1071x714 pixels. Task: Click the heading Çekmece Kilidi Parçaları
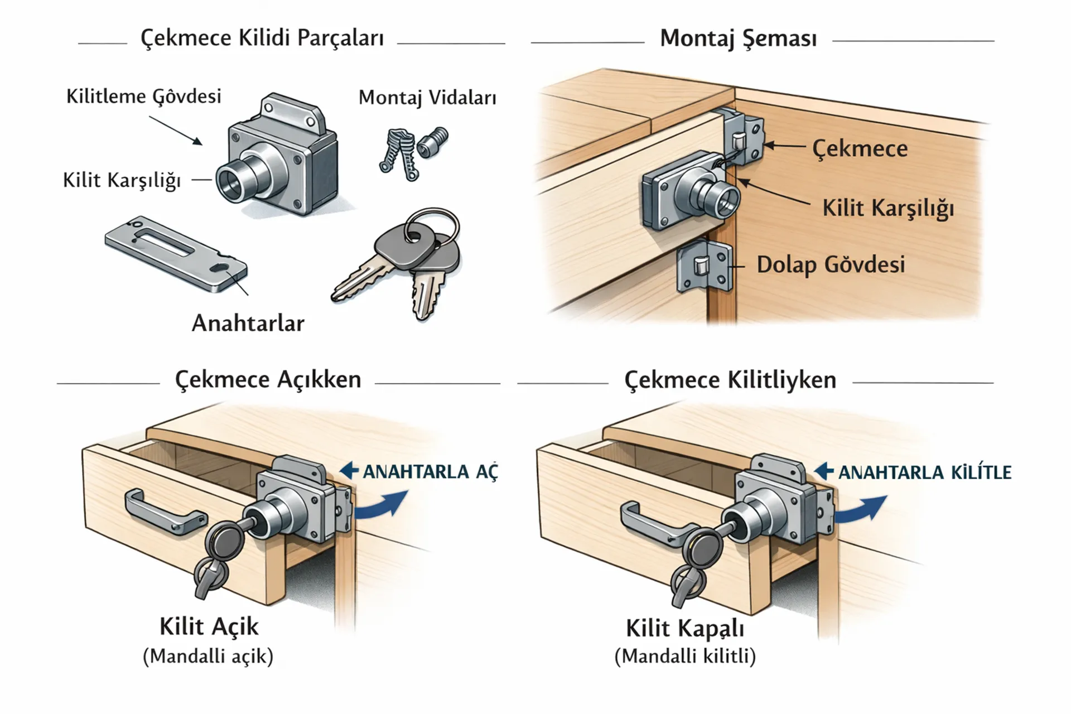click(262, 38)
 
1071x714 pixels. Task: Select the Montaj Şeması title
click(738, 38)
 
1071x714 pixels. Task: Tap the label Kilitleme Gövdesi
click(144, 97)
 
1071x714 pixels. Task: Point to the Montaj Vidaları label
click(427, 98)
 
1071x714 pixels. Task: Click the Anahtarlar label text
click(248, 324)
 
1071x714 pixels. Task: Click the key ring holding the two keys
click(432, 225)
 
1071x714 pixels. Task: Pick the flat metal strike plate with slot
click(175, 254)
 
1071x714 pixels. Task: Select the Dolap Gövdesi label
click(831, 264)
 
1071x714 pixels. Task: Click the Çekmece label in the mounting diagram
click(860, 148)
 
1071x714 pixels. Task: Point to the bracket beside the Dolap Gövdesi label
click(704, 267)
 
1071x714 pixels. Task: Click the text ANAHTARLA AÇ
click(430, 472)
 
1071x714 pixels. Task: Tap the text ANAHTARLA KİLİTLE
click(924, 472)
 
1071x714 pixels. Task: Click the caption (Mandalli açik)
click(208, 657)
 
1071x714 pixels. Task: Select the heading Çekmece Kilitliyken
click(730, 380)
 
